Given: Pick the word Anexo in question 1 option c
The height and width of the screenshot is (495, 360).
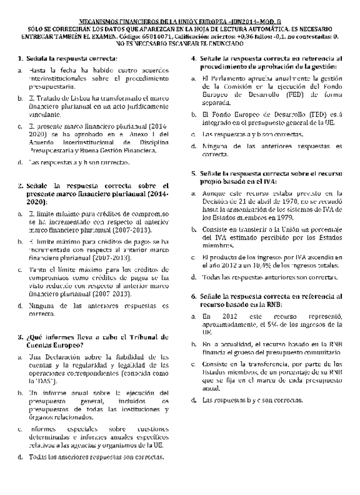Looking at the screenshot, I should tap(142, 134).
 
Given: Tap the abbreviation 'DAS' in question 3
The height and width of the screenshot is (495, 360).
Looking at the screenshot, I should tap(39, 379).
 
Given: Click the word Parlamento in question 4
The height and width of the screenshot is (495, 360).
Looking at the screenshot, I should tap(230, 78).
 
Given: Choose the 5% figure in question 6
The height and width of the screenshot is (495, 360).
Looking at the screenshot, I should tap(268, 325).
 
